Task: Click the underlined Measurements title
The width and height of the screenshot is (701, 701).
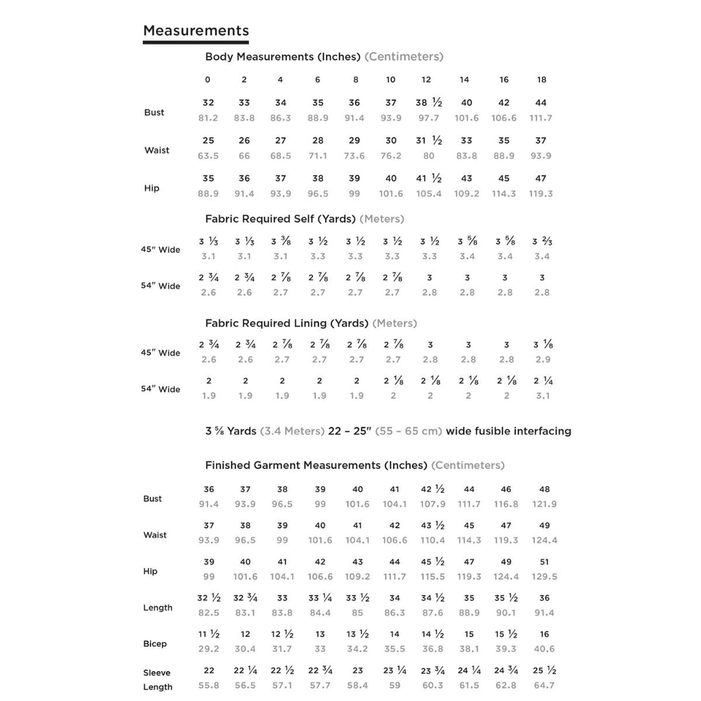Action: (x=195, y=31)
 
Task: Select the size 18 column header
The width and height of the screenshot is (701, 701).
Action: (x=541, y=80)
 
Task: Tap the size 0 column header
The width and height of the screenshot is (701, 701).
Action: (x=208, y=80)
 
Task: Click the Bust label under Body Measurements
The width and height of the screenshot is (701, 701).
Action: (x=154, y=112)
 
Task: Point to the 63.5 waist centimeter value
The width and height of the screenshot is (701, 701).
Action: (x=208, y=156)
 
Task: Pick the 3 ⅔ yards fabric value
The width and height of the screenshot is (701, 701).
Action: (x=542, y=241)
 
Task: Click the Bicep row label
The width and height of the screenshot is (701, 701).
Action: (x=154, y=644)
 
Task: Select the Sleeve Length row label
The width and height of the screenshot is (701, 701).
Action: (x=157, y=680)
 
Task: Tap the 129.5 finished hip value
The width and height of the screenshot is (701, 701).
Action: (x=544, y=576)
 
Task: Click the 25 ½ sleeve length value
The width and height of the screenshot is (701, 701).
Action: (x=544, y=670)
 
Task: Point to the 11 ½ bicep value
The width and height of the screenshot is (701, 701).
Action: (x=208, y=634)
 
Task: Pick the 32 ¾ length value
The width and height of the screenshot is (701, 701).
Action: (x=245, y=598)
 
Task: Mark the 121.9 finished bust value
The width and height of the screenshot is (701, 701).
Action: (x=544, y=504)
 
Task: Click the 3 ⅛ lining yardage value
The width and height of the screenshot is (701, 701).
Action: (x=543, y=345)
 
